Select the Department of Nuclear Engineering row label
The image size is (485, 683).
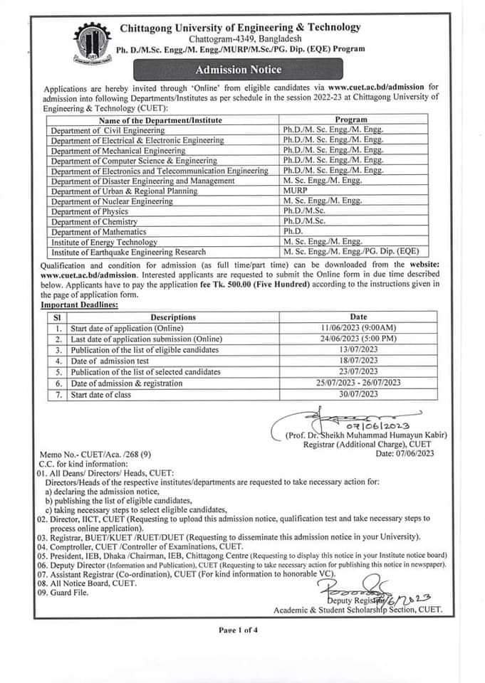tap(111, 202)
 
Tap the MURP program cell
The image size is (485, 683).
tap(294, 191)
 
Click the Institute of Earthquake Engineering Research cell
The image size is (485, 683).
tap(128, 252)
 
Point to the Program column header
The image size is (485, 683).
tap(350, 120)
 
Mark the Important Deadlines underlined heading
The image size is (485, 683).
tap(80, 305)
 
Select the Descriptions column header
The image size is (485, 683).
tap(173, 317)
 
